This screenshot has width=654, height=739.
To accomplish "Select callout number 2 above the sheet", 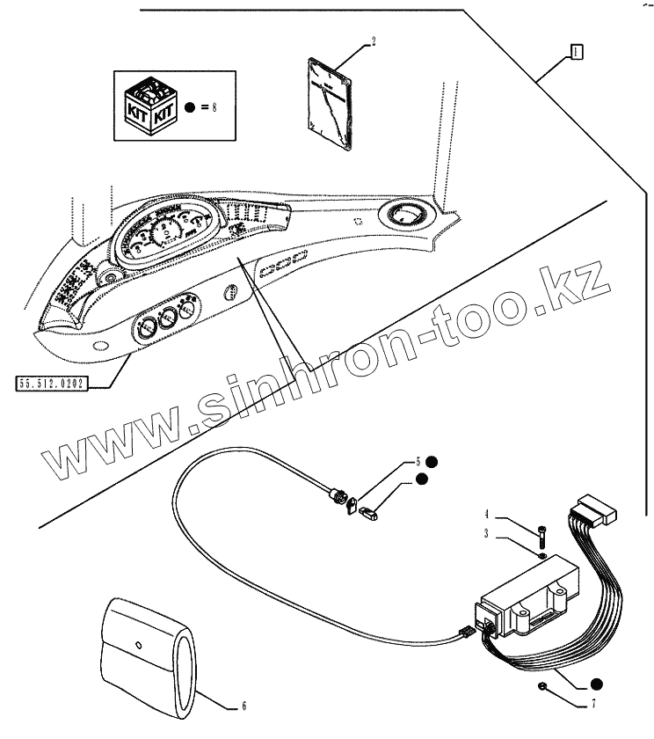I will [x=373, y=41].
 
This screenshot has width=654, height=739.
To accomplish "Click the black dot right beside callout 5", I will [x=433, y=461].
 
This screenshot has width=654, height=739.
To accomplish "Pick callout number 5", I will [x=418, y=461].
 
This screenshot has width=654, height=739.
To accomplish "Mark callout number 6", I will [x=244, y=706].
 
